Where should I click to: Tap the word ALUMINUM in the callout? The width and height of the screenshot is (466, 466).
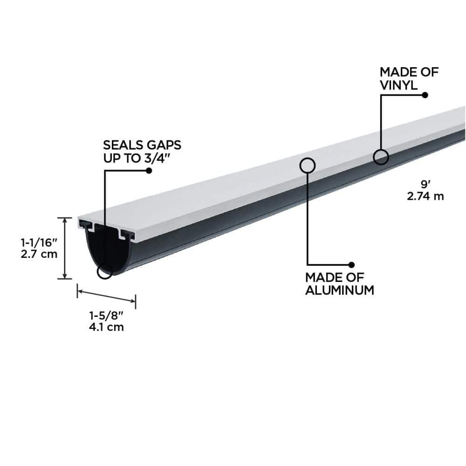[340, 290]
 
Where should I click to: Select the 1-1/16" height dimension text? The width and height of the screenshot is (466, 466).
[39, 242]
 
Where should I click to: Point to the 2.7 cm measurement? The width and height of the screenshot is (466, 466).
[39, 254]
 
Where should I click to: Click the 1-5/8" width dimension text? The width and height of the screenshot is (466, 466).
[106, 315]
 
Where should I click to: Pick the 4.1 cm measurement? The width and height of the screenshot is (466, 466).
[106, 327]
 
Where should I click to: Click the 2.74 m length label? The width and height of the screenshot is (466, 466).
[425, 196]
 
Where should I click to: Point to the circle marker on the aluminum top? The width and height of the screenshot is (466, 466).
[307, 164]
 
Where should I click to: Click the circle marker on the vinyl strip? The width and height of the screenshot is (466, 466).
[381, 157]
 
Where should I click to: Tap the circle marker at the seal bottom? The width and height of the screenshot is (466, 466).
[105, 272]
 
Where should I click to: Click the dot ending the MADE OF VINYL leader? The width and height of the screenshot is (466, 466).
[425, 95]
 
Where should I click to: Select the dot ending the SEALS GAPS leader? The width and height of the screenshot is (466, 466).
[149, 171]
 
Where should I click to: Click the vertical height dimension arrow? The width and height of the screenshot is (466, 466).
[64, 248]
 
